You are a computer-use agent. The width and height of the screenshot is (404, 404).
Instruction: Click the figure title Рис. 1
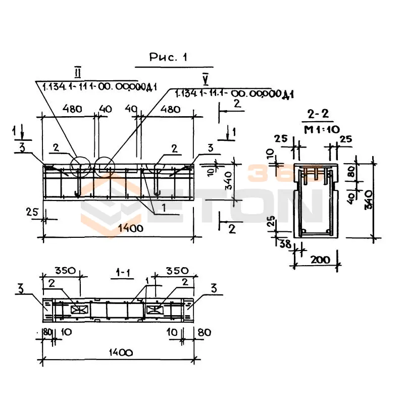pos(168,58)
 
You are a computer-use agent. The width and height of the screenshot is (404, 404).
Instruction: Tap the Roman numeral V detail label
pos(205,78)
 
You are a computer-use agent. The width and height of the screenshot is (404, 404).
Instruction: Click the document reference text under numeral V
pos(234,94)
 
